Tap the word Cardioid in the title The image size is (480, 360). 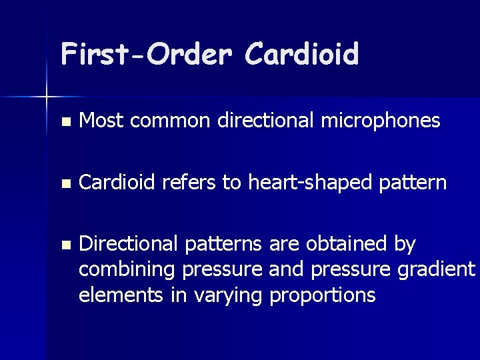click(x=301, y=54)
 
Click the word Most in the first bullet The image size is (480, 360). click(x=98, y=121)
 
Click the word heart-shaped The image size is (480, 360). click(x=301, y=182)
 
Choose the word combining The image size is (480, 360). click(x=127, y=269)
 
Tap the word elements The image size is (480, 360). click(x=121, y=294)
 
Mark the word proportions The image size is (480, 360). click(x=323, y=295)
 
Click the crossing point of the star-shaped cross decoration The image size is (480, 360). click(x=47, y=97)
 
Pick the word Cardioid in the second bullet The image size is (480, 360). click(x=117, y=182)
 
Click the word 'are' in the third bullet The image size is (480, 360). click(x=284, y=245)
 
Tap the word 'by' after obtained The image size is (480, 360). click(x=405, y=245)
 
